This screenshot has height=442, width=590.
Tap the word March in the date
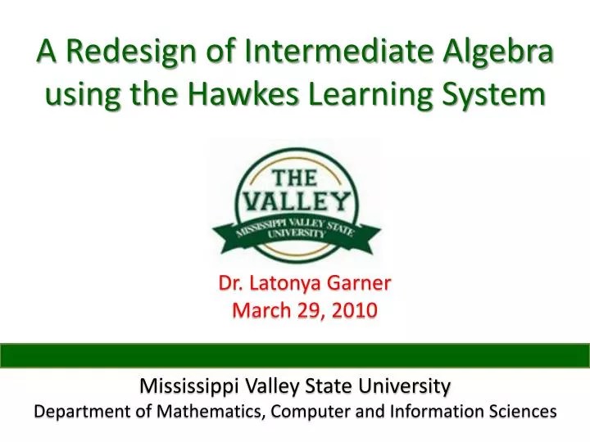[256, 311]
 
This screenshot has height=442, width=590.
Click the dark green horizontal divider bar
[295, 354]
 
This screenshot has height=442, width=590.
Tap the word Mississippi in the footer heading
[184, 385]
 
